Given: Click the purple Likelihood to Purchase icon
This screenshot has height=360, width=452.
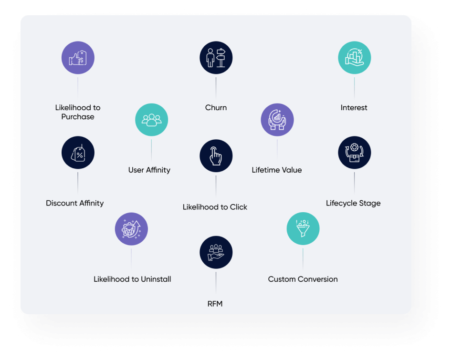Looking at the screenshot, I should pyautogui.click(x=78, y=58).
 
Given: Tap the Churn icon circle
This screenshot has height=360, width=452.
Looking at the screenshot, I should pyautogui.click(x=216, y=58).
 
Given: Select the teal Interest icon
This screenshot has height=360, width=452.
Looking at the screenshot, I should pyautogui.click(x=354, y=58).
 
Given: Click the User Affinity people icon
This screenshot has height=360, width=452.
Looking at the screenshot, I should pyautogui.click(x=151, y=120).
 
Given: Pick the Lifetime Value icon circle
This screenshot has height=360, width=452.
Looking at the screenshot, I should pyautogui.click(x=277, y=120).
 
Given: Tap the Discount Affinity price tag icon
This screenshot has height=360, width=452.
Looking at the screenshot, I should pyautogui.click(x=78, y=153).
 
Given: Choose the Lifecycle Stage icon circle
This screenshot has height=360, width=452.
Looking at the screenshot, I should pyautogui.click(x=354, y=153).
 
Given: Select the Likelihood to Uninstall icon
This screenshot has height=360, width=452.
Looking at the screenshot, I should pyautogui.click(x=131, y=229).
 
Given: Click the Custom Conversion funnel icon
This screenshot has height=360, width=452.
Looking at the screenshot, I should pyautogui.click(x=303, y=229).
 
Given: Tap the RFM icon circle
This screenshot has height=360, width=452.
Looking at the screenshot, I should pyautogui.click(x=216, y=252).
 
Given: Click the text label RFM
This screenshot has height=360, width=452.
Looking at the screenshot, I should pyautogui.click(x=215, y=304).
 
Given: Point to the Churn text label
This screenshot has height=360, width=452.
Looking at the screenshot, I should pyautogui.click(x=216, y=108).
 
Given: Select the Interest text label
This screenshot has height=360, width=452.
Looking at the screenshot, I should pyautogui.click(x=354, y=108).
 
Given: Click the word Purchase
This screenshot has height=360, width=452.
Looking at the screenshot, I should pyautogui.click(x=78, y=117).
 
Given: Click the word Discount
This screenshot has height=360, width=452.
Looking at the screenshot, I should pyautogui.click(x=61, y=203).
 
